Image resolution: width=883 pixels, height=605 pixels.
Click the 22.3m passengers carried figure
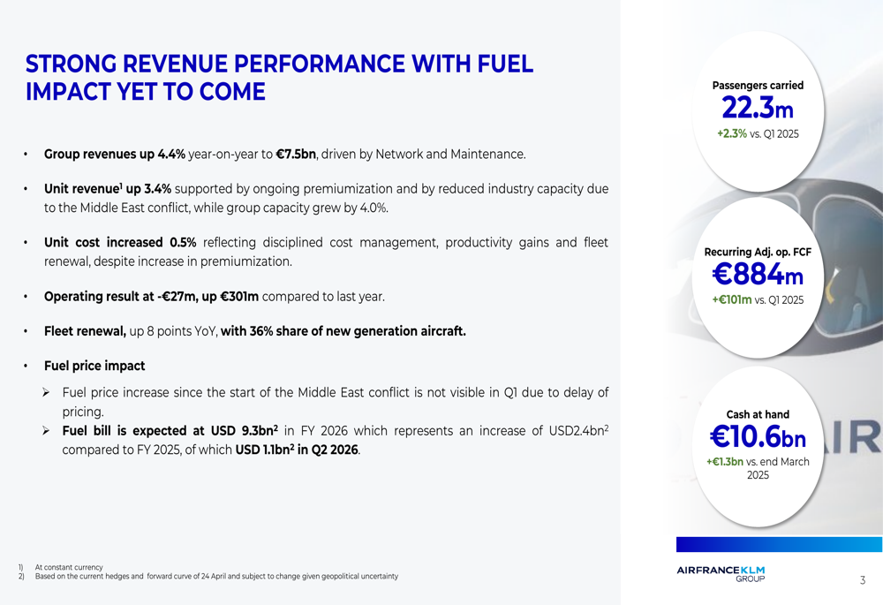click(x=758, y=109)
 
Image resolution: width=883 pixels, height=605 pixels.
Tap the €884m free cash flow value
click(x=758, y=276)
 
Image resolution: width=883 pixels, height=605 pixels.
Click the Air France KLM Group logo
click(x=721, y=573)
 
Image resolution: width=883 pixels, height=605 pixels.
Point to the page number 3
click(x=863, y=580)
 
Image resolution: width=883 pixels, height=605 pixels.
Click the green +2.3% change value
click(x=731, y=134)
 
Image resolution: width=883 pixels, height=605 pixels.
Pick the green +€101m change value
click(x=732, y=300)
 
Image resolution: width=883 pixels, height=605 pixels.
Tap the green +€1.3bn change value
click(x=725, y=462)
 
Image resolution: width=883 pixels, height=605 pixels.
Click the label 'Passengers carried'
click(x=758, y=86)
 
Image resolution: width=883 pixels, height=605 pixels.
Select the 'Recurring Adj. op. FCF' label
click(x=758, y=252)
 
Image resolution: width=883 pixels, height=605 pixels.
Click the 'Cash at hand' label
click(x=758, y=414)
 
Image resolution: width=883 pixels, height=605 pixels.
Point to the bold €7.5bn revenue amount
click(x=296, y=155)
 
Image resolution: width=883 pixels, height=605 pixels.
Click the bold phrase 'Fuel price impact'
click(x=94, y=366)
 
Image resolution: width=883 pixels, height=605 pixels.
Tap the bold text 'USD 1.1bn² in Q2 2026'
click(x=298, y=450)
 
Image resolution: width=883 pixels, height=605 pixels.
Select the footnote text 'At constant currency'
click(x=69, y=567)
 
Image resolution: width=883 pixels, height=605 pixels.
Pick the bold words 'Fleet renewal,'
click(x=85, y=331)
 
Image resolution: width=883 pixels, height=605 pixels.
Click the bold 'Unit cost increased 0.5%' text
click(x=120, y=242)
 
